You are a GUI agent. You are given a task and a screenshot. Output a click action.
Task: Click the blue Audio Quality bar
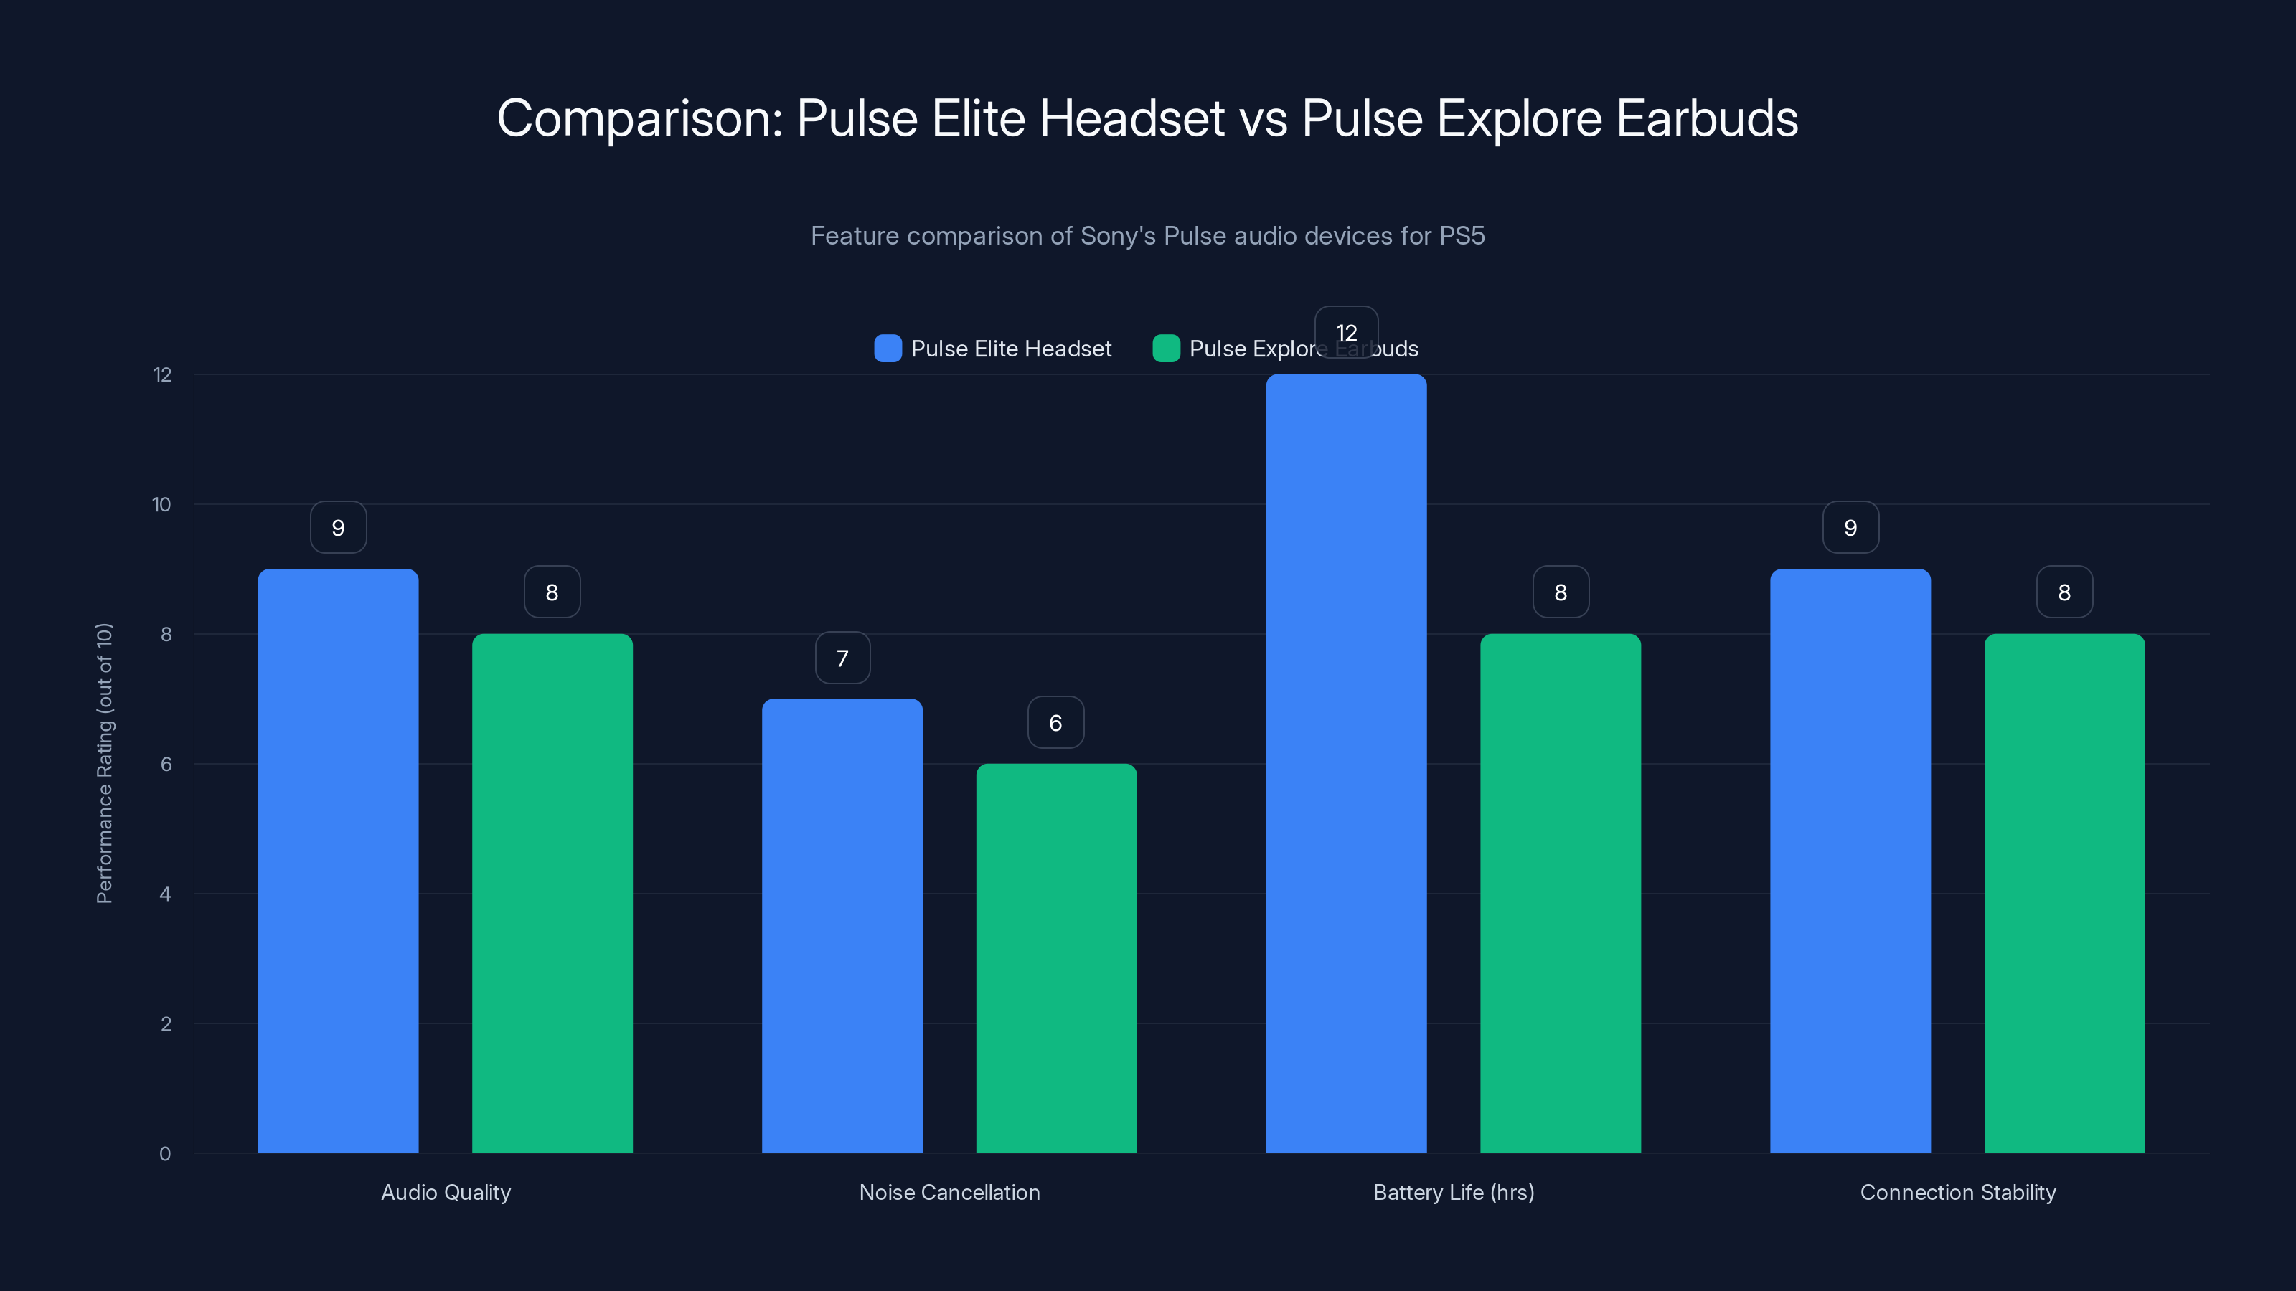click(x=338, y=861)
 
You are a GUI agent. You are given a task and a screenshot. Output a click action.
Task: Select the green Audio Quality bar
click(x=552, y=893)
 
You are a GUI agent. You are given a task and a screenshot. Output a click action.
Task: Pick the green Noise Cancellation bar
click(x=1056, y=957)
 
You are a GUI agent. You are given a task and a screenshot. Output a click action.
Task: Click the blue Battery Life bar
click(x=1346, y=764)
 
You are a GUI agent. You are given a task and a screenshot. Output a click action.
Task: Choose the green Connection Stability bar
click(x=2064, y=893)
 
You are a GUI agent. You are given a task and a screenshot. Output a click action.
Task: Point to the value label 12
click(x=1346, y=332)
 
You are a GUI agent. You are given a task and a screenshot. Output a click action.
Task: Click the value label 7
click(x=842, y=658)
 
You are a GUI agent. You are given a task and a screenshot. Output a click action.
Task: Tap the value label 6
click(x=1055, y=722)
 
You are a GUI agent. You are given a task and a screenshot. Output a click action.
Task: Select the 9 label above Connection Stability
click(x=1850, y=527)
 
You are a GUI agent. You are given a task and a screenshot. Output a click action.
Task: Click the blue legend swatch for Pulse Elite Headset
click(x=888, y=349)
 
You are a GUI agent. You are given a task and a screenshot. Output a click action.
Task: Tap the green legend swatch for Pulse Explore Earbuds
click(x=1166, y=349)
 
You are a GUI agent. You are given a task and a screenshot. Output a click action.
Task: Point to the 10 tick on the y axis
click(x=161, y=504)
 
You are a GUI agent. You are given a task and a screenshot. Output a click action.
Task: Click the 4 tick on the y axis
click(x=165, y=894)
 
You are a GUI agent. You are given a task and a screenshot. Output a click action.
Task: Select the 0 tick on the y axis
click(x=165, y=1154)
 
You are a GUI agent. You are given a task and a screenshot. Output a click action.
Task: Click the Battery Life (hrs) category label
click(x=1454, y=1192)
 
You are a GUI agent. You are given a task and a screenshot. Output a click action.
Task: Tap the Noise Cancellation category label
click(x=949, y=1192)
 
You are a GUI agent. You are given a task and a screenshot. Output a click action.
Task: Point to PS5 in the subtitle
click(x=1462, y=236)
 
